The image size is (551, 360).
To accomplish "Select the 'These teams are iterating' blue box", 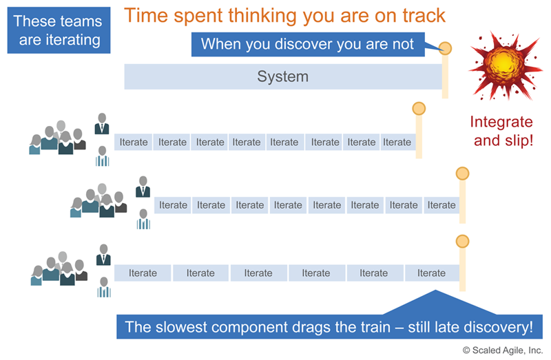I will (x=59, y=31).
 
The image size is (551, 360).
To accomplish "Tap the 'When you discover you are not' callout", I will (x=307, y=45).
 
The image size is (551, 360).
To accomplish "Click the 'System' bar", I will (x=282, y=76).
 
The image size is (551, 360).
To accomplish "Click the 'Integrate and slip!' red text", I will (x=501, y=131).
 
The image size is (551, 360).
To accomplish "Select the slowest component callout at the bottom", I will (x=329, y=326).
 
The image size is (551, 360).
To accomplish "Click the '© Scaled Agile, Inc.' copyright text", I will (x=502, y=350).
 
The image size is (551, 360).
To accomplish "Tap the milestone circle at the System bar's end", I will (x=446, y=48).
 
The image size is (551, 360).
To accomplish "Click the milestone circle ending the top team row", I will (x=419, y=109).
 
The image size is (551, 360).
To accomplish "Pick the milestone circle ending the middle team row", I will (x=462, y=173).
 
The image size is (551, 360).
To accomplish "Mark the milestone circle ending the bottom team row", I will (x=462, y=241).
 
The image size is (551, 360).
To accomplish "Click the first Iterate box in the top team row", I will (x=134, y=142).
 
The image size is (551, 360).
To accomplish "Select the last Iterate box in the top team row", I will (x=397, y=142).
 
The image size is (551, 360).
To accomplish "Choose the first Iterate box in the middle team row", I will (x=173, y=205).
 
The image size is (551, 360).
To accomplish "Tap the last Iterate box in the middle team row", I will (x=441, y=205).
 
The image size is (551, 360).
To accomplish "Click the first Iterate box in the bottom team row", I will (x=143, y=273).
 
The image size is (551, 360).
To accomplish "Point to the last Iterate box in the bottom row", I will (x=431, y=273).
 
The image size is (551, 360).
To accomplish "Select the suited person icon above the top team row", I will (x=103, y=124).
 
